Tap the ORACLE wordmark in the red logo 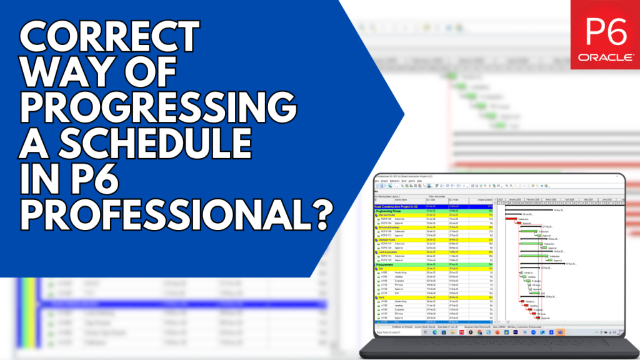(604, 57)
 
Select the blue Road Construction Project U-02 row (400, 206)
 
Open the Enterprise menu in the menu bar (395, 181)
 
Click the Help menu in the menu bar (420, 181)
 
